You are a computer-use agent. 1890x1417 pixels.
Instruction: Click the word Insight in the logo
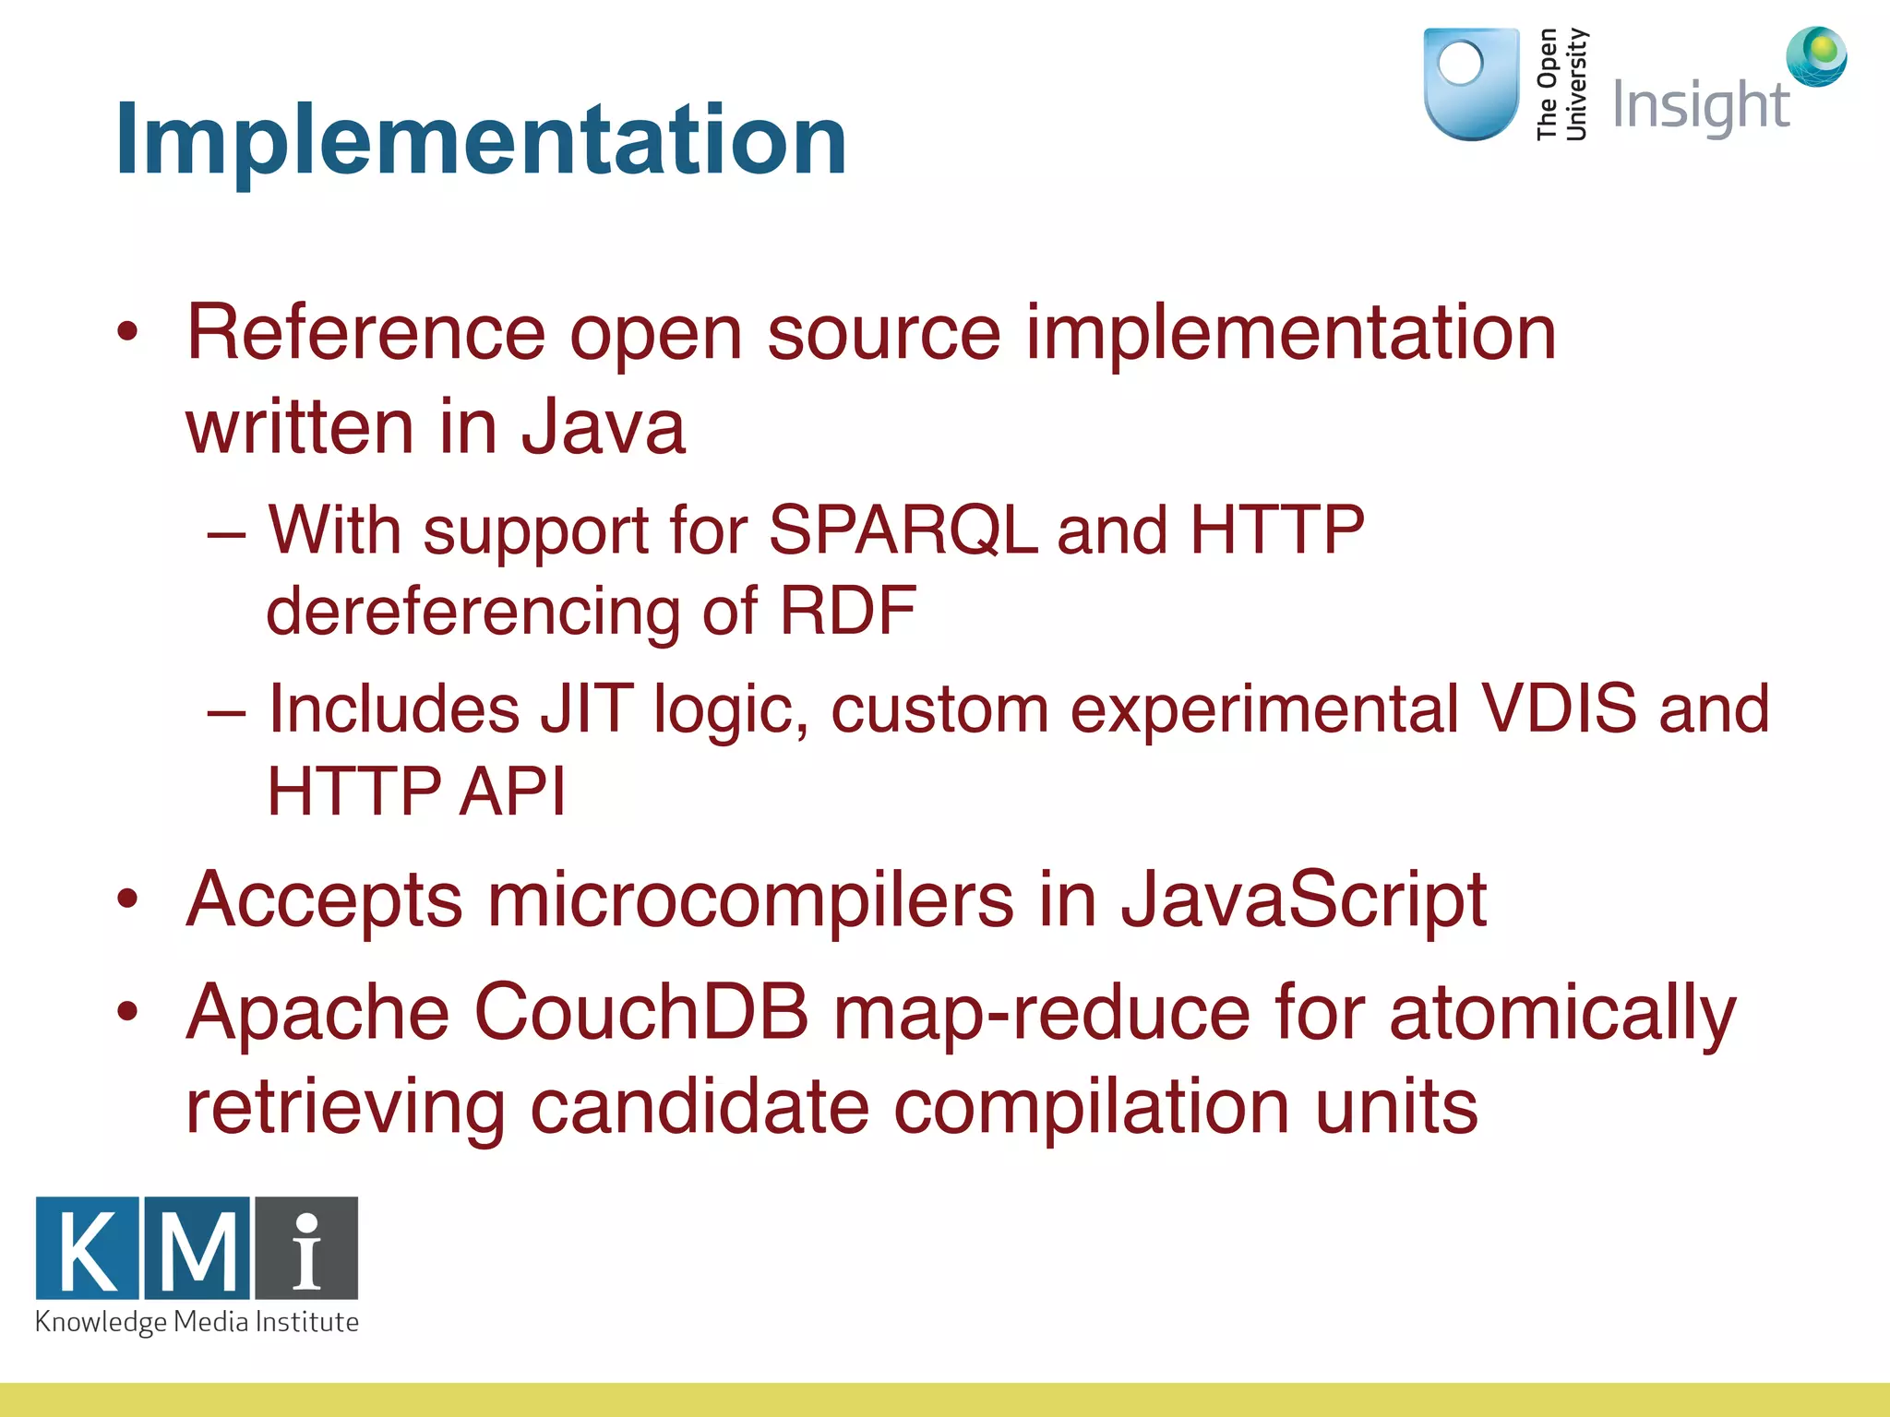pos(1700,107)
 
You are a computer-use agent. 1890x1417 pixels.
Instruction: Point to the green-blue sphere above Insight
pos(1815,55)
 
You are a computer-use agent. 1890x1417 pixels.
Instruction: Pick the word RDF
pos(847,612)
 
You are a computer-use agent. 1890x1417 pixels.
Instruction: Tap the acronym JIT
pos(587,709)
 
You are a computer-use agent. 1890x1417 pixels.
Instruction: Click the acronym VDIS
pos(1558,709)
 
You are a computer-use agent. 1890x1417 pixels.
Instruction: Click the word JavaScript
pos(1302,899)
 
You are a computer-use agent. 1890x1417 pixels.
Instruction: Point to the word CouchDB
pos(640,1013)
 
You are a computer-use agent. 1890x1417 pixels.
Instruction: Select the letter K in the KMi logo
pos(88,1249)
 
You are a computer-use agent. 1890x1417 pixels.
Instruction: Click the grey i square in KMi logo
pos(306,1249)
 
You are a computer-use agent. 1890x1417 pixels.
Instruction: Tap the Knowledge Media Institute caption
pos(197,1322)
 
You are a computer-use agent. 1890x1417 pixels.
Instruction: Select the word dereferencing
pos(472,612)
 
